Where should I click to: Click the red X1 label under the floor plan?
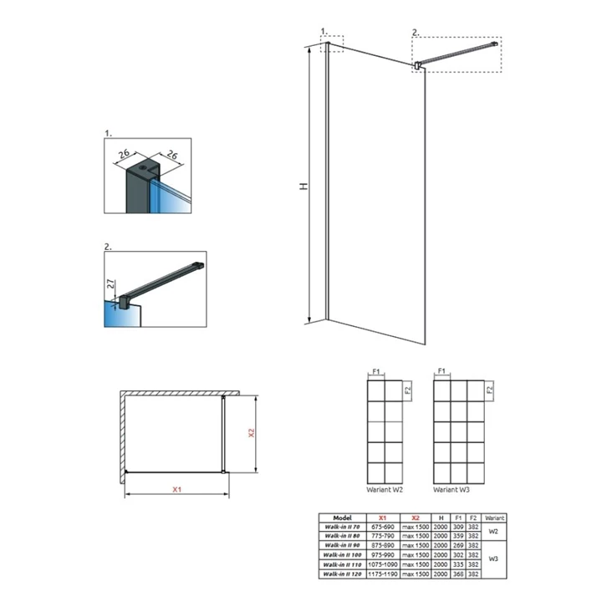pos(177,490)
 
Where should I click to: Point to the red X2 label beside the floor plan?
pos(250,434)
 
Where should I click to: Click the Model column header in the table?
pos(342,518)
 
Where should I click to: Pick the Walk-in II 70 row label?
pos(342,527)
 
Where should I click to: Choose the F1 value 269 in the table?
pos(457,545)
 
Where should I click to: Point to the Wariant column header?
pos(494,518)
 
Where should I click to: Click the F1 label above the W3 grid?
pos(441,369)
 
